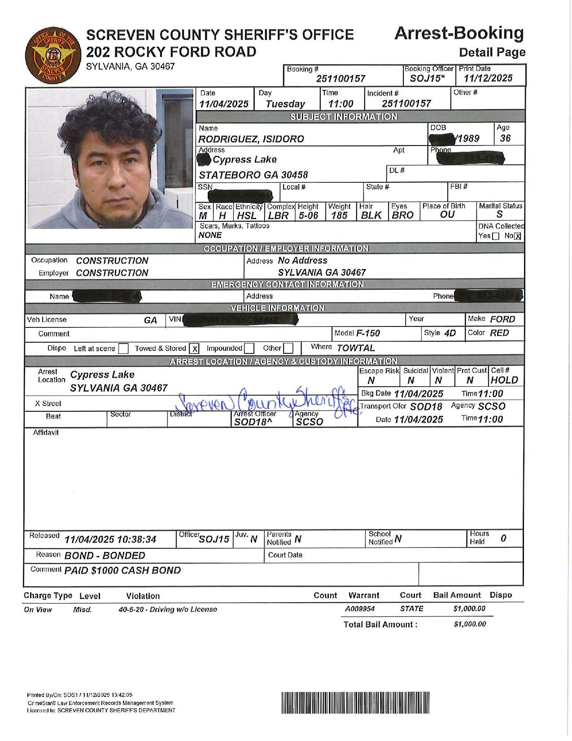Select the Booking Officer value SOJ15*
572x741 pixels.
427,79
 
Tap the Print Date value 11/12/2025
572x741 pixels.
488,78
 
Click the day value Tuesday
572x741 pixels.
285,104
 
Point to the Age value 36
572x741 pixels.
505,138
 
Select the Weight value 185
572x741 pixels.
339,216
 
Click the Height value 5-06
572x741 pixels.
308,216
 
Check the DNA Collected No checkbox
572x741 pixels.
517,237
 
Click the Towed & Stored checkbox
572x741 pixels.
194,349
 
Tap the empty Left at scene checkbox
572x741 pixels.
124,349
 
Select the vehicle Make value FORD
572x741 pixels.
502,319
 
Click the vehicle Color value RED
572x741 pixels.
499,333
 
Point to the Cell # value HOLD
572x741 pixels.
504,380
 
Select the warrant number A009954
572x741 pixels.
360,609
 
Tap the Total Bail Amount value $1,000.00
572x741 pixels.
470,624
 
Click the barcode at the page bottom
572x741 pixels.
355,703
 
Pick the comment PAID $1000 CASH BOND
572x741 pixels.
123,571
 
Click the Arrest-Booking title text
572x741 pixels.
458,34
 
